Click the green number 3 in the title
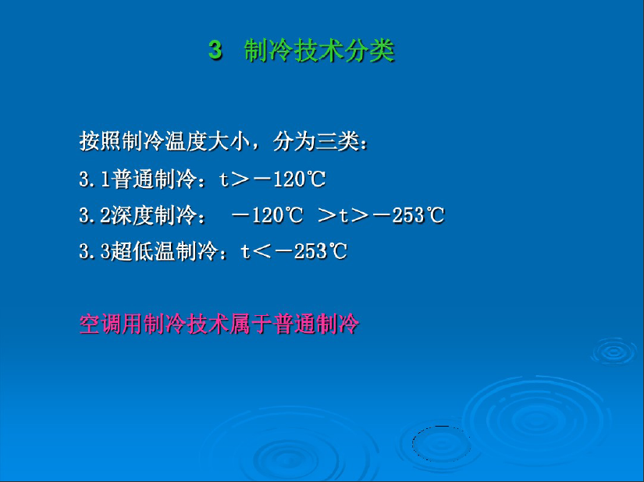click(x=215, y=51)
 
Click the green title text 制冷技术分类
click(x=319, y=51)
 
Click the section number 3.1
click(x=95, y=179)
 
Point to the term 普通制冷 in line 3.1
click(x=154, y=179)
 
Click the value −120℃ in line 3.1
click(x=290, y=179)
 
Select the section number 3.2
click(x=95, y=215)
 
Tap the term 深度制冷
click(x=154, y=215)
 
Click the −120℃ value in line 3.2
click(x=268, y=215)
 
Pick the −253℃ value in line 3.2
click(x=409, y=215)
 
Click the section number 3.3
click(x=95, y=251)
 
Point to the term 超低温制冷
click(x=165, y=251)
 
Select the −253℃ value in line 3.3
click(x=311, y=251)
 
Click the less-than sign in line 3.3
click(x=262, y=252)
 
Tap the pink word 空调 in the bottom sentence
click(x=100, y=324)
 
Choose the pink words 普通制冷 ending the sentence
click(x=316, y=324)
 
